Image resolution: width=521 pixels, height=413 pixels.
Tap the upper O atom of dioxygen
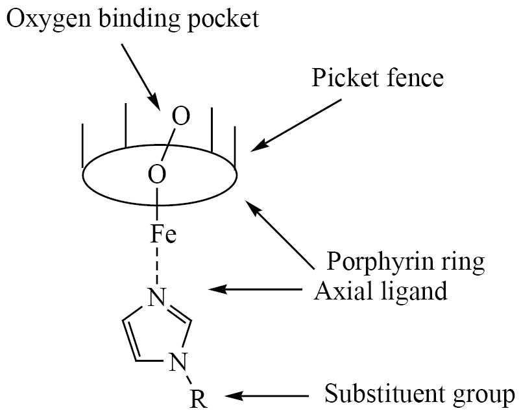181,116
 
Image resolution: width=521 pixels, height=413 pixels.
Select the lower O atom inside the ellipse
157,174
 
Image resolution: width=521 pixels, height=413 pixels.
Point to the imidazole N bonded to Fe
156,296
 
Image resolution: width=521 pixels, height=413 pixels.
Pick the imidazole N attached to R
179,362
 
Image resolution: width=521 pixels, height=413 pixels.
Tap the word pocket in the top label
223,19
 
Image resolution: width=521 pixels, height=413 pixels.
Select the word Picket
345,78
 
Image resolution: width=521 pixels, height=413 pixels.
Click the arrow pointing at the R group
267,395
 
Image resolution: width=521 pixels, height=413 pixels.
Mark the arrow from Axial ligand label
255,289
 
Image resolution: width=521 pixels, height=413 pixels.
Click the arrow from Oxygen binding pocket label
141,77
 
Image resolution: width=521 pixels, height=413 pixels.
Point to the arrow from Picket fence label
296,125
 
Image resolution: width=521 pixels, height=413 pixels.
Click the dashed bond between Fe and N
157,265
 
